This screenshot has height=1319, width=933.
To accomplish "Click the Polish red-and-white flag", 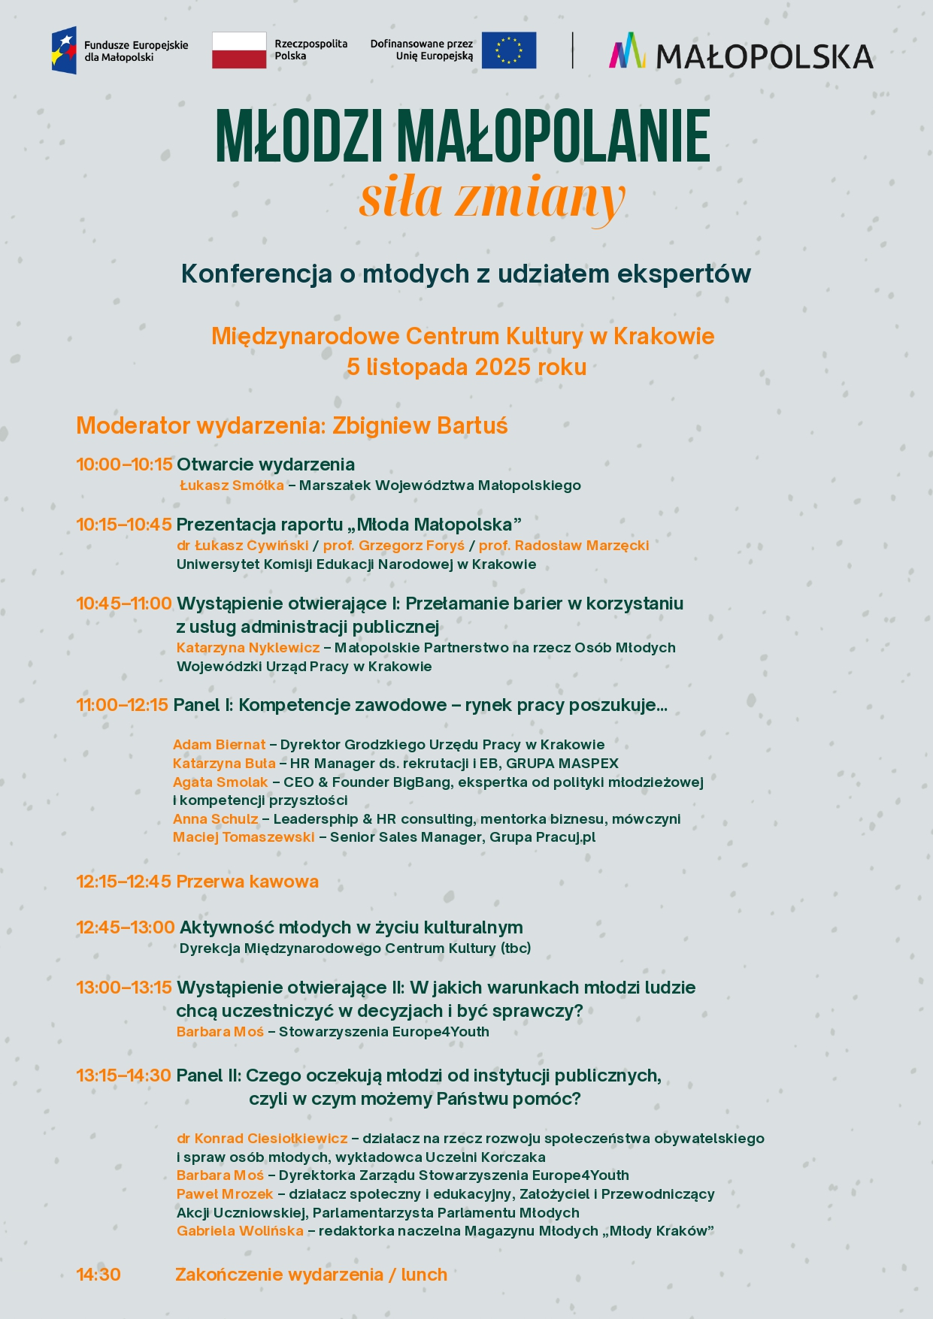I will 239,50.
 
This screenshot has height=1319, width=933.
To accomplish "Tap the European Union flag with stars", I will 509,50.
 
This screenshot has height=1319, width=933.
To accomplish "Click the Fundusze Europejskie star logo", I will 64,50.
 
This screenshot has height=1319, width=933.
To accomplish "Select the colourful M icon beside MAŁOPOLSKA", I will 628,51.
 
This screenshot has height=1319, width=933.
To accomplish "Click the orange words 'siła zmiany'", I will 492,197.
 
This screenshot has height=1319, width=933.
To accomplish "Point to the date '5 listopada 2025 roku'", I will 466,367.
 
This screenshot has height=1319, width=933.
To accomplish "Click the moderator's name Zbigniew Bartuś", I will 420,426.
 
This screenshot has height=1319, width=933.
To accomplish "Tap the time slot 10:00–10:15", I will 124,464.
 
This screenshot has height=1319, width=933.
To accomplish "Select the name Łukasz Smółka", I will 232,486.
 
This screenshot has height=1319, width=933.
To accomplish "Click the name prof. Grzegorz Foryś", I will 394,546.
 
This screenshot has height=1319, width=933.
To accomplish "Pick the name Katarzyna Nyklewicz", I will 248,648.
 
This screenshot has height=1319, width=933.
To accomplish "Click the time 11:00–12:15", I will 122,705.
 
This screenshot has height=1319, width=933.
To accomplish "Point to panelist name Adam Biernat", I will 219,745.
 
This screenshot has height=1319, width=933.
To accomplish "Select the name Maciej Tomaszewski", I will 244,837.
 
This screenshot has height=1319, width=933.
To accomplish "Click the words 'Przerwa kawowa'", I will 247,882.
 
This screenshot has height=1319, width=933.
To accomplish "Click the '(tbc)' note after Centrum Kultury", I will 516,948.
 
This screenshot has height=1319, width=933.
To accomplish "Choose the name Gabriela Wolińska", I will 240,1231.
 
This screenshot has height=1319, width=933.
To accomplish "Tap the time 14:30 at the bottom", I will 98,1275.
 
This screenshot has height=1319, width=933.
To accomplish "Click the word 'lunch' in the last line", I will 424,1275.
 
